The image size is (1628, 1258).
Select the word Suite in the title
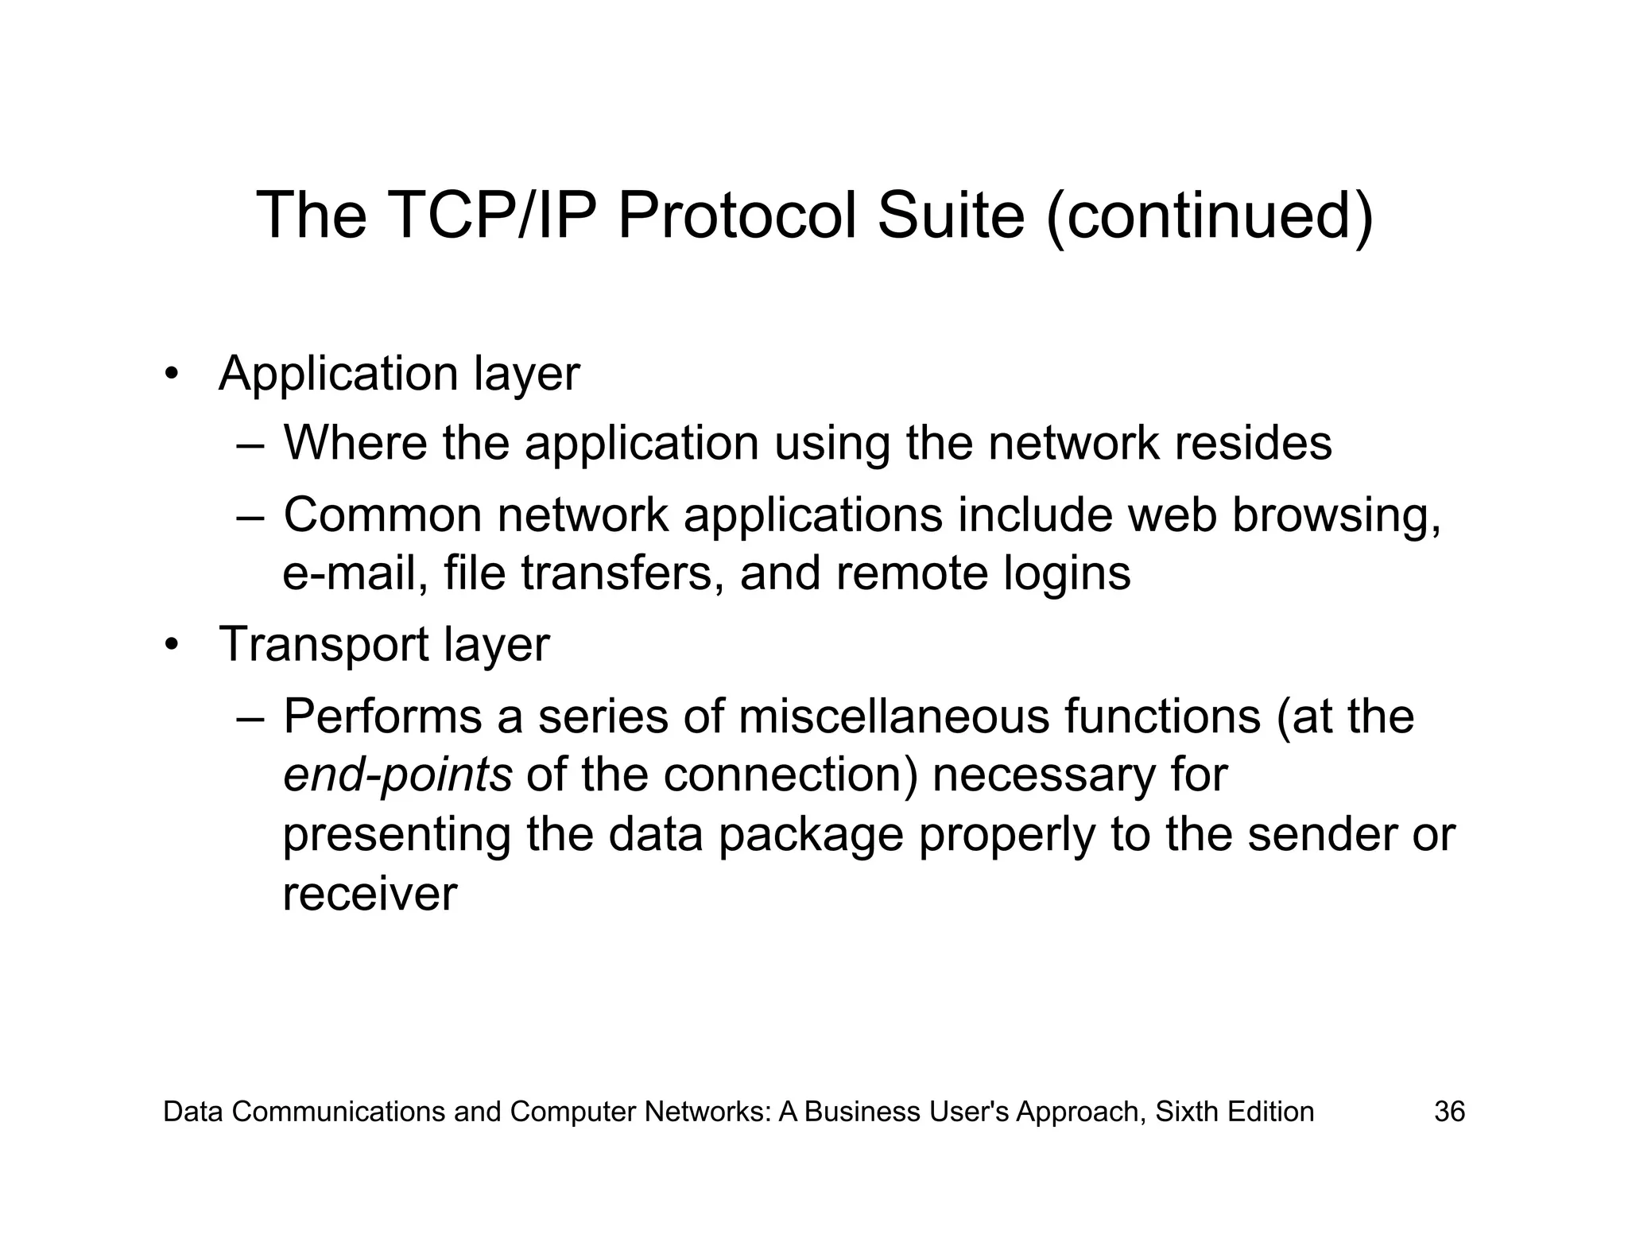click(x=951, y=215)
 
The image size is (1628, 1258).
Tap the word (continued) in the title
click(x=1209, y=215)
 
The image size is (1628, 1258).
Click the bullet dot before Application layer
click(x=169, y=375)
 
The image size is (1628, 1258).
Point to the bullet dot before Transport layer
click(x=169, y=645)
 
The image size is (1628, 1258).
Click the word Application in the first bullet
click(x=338, y=375)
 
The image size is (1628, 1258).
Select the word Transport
click(x=323, y=645)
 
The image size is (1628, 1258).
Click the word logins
click(x=1066, y=573)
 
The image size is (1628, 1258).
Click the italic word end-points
click(x=397, y=776)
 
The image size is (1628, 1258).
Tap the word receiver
click(x=370, y=894)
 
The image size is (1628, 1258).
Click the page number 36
click(x=1449, y=1112)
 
